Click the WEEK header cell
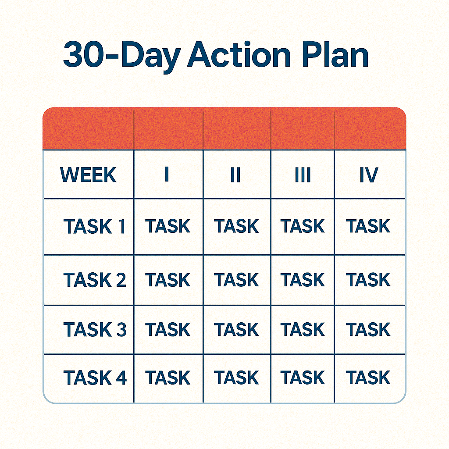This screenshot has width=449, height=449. pyautogui.click(x=88, y=175)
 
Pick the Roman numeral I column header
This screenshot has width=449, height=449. pyautogui.click(x=167, y=175)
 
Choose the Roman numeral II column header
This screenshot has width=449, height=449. pyautogui.click(x=235, y=175)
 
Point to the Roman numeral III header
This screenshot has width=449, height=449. pyautogui.click(x=303, y=175)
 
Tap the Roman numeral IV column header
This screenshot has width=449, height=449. pyautogui.click(x=369, y=175)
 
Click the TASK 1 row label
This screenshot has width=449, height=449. pyautogui.click(x=95, y=227)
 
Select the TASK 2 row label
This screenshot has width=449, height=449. pyautogui.click(x=95, y=280)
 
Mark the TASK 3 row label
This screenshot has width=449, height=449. pyautogui.click(x=95, y=329)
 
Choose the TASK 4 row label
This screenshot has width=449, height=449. pyautogui.click(x=95, y=378)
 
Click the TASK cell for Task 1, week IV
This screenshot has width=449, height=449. pyautogui.click(x=368, y=227)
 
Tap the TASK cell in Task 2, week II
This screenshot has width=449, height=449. pyautogui.click(x=236, y=280)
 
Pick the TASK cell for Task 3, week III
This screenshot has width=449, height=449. pyautogui.click(x=303, y=329)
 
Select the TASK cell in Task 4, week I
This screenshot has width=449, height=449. pyautogui.click(x=168, y=378)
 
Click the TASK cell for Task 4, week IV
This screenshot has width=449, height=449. pyautogui.click(x=368, y=378)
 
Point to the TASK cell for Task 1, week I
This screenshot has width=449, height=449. pyautogui.click(x=168, y=227)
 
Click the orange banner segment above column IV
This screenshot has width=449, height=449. pyautogui.click(x=370, y=128)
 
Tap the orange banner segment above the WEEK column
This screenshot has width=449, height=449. pyautogui.click(x=88, y=128)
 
